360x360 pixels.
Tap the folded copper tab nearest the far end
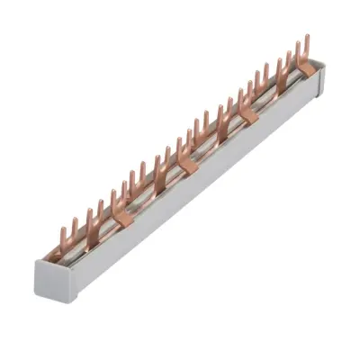coord(306,68)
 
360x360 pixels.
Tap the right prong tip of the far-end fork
coord(307,36)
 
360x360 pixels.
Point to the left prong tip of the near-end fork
coord(61,229)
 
